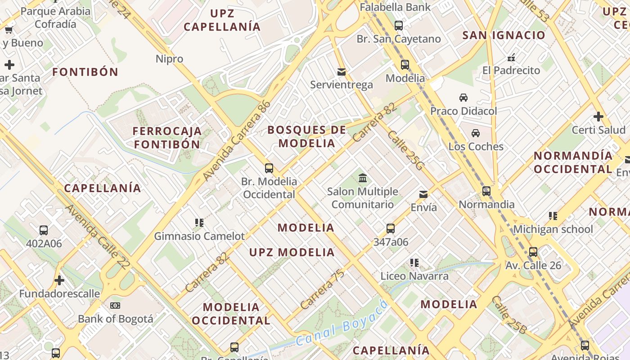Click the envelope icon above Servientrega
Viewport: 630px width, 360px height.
tap(342, 72)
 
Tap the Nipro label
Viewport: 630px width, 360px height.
tap(169, 59)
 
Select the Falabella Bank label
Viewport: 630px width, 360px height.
tap(395, 7)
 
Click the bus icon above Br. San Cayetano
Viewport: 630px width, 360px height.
tap(399, 26)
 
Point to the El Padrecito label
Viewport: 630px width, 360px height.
tap(511, 71)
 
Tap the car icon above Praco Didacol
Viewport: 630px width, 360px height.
tap(463, 97)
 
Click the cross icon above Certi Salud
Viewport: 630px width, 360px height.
tap(598, 117)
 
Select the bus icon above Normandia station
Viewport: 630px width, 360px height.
tap(486, 191)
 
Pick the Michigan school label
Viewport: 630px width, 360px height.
tap(553, 229)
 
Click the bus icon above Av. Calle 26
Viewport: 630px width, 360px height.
tap(533, 252)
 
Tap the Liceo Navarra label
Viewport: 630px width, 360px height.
tap(414, 276)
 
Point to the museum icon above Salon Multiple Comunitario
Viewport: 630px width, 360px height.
tap(363, 178)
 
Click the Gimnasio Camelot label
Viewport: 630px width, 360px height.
tap(199, 236)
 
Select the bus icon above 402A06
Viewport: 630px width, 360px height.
tap(44, 230)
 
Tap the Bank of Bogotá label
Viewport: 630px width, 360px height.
tap(116, 319)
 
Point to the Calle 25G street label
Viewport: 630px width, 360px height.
tap(405, 151)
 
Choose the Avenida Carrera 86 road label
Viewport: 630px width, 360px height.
tap(237, 141)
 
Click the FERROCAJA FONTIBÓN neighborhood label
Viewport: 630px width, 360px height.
tap(167, 138)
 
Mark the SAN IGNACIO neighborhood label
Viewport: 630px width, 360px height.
tap(504, 35)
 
